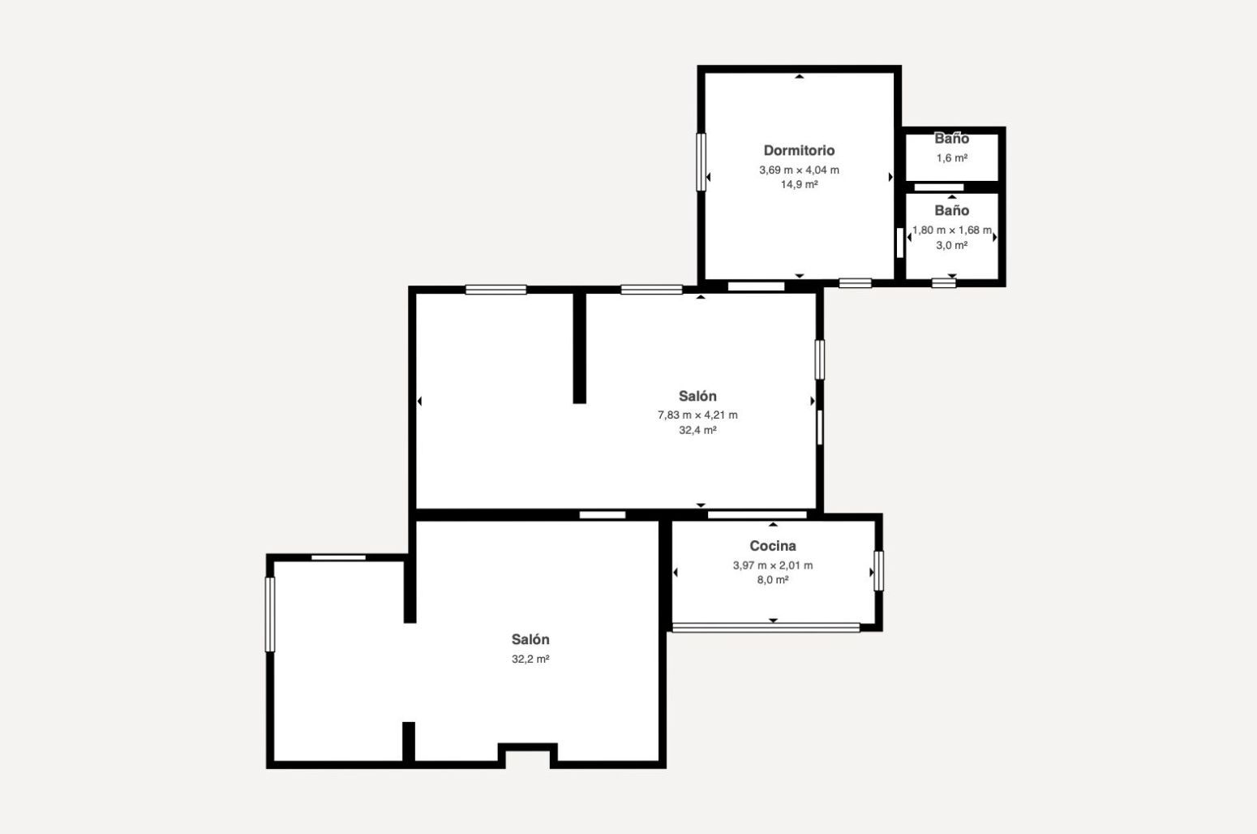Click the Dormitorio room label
click(799, 150)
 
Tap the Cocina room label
click(773, 545)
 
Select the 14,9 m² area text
click(799, 184)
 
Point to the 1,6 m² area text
click(952, 157)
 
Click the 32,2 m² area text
click(530, 659)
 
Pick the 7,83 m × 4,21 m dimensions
click(697, 415)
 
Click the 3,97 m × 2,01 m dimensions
click(773, 565)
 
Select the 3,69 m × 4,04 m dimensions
click(799, 170)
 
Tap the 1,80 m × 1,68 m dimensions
click(952, 230)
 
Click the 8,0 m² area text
click(773, 580)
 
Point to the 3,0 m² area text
click(952, 245)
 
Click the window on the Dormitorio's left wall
click(701, 162)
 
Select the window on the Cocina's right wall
click(879, 571)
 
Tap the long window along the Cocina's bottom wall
click(766, 627)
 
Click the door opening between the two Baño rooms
click(939, 187)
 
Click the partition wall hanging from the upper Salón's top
click(580, 348)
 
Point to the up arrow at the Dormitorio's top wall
click(799, 76)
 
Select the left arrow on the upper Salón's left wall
click(419, 401)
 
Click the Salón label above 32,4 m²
click(697, 396)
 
